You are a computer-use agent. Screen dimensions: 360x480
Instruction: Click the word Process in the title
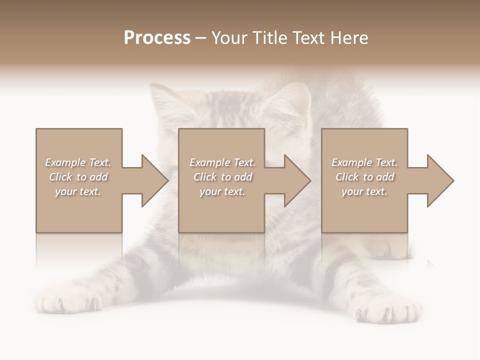[157, 38]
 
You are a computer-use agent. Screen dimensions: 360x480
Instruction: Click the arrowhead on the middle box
[297, 180]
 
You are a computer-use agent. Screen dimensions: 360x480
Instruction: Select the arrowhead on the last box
[440, 180]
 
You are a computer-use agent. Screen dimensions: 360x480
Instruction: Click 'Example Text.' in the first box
[78, 162]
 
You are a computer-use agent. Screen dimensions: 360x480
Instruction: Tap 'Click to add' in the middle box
[222, 177]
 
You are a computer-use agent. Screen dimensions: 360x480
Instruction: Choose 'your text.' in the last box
[364, 191]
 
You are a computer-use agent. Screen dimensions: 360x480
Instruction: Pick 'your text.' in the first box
[78, 191]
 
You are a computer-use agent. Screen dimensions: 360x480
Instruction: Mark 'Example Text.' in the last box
[364, 162]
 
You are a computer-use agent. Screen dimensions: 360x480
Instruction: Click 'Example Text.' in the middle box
[222, 162]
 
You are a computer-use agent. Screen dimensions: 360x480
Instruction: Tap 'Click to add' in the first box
[78, 177]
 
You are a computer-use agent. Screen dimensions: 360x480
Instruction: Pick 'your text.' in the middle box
[222, 191]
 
